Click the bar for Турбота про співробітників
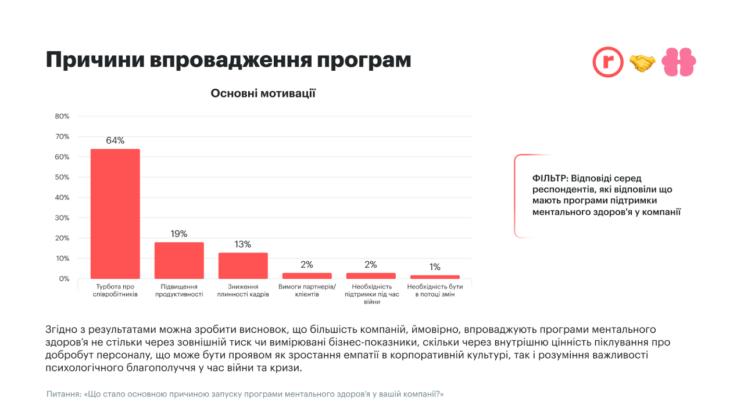click(x=115, y=214)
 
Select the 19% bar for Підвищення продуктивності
click(x=179, y=260)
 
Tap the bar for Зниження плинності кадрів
click(x=243, y=265)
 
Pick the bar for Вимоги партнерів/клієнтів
click(x=307, y=276)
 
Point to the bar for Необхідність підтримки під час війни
click(x=371, y=276)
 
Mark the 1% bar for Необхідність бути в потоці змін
click(x=435, y=277)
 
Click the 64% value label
click(x=115, y=140)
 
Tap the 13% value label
click(x=243, y=244)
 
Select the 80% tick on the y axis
click(x=62, y=116)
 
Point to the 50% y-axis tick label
click(x=62, y=177)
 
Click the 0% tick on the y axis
click(x=64, y=279)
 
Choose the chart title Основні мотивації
click(x=263, y=93)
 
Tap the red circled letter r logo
click(x=607, y=62)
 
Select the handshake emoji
click(x=642, y=63)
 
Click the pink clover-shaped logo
click(x=679, y=62)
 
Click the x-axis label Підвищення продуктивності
click(x=179, y=290)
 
